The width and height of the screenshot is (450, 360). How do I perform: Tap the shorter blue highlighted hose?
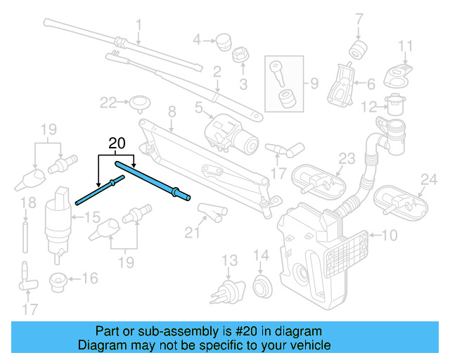(x=99, y=190)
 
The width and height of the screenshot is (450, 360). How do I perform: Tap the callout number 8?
(x=171, y=110)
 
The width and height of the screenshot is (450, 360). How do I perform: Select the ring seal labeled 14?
(x=261, y=285)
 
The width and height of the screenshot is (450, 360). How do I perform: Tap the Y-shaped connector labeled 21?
(x=210, y=210)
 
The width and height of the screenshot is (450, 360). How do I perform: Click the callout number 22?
(x=108, y=103)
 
